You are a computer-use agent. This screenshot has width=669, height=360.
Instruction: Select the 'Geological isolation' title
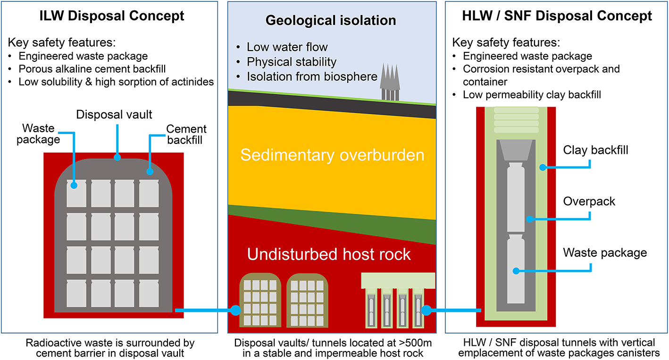[x=331, y=20]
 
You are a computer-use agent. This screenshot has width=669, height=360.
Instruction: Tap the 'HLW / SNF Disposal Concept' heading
[x=557, y=16]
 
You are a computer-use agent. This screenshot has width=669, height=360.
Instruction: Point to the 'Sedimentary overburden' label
[x=332, y=155]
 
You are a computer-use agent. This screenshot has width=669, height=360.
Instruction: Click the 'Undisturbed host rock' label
[x=329, y=254]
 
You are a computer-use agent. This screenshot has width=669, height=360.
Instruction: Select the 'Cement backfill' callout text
[x=186, y=134]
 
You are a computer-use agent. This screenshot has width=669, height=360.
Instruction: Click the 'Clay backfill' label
[x=595, y=151]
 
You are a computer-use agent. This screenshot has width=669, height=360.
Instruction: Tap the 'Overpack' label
[x=589, y=201]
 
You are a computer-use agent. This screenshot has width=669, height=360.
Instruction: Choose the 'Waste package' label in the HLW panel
[x=605, y=253]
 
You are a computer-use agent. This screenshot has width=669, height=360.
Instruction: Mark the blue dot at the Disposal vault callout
[x=117, y=157]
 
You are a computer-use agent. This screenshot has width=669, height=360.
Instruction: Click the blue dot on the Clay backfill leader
[x=543, y=167]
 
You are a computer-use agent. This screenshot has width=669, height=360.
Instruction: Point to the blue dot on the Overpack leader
[x=530, y=219]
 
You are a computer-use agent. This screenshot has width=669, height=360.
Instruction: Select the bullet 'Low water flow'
[x=287, y=47]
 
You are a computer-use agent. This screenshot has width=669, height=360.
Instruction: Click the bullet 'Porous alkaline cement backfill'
[x=92, y=69]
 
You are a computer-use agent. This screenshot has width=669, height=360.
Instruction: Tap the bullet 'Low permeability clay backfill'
[x=532, y=95]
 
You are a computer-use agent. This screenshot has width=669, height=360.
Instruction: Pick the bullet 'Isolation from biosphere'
[x=312, y=76]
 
